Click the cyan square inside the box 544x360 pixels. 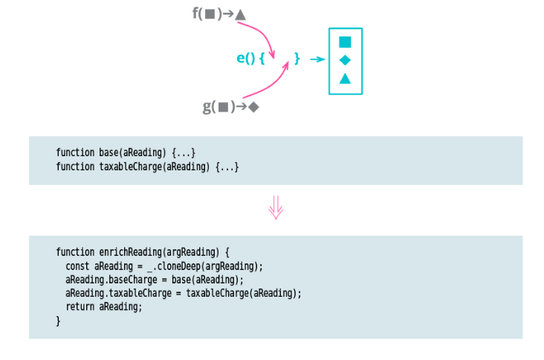(345, 42)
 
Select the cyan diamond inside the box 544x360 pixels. (345, 60)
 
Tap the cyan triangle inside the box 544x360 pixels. (345, 78)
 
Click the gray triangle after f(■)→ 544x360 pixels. (240, 14)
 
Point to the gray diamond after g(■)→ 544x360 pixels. (253, 107)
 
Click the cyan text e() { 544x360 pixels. (250, 58)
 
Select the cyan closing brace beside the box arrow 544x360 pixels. (297, 58)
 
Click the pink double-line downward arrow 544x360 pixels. (276, 208)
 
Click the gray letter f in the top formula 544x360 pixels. (196, 13)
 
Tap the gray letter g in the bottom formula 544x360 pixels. (207, 107)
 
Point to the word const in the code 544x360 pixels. (77, 266)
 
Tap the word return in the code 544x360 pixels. (80, 306)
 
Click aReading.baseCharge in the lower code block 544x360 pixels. (106, 280)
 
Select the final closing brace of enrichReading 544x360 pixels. (58, 321)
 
